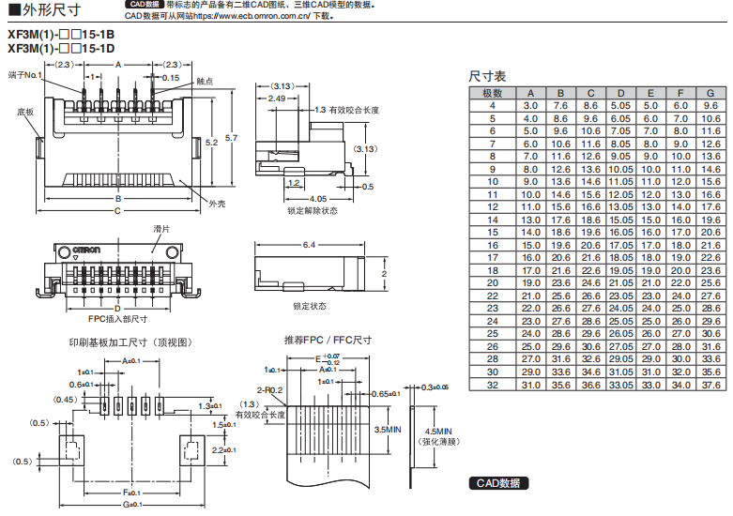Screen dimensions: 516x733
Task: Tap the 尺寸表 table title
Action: click(487, 76)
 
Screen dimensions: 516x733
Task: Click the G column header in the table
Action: click(710, 93)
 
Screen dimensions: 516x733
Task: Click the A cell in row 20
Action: click(530, 281)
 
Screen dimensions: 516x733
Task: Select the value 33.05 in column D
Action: click(620, 385)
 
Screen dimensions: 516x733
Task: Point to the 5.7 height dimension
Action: click(232, 138)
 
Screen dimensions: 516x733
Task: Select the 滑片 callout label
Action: click(161, 228)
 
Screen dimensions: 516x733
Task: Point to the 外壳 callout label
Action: click(217, 204)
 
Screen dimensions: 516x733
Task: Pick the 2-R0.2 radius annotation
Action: click(268, 389)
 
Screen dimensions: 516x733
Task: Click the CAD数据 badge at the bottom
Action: click(497, 483)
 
